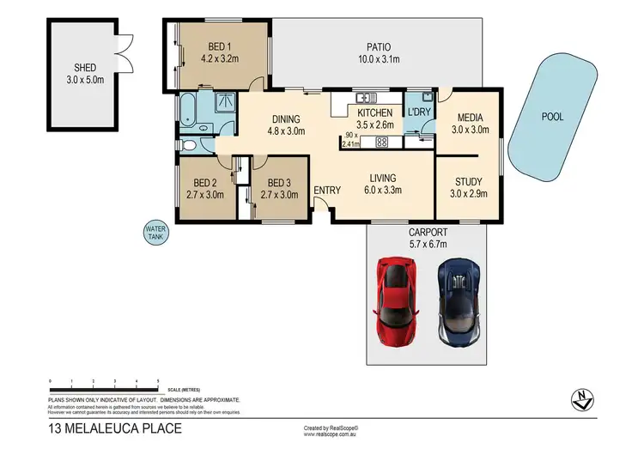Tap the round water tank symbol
click(156, 233)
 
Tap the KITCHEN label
click(374, 112)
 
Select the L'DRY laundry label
click(419, 112)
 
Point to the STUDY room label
click(469, 181)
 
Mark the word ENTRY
click(326, 191)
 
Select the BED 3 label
click(280, 182)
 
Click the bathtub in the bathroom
click(188, 109)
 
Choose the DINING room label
click(285, 120)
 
